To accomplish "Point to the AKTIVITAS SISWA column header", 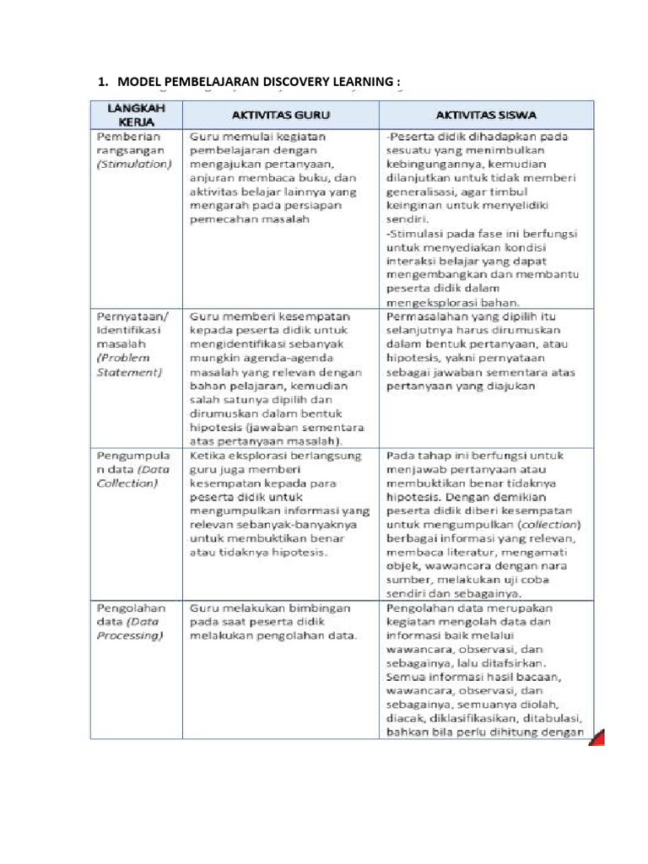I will pos(488,113).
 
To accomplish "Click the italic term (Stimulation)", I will pos(134,164).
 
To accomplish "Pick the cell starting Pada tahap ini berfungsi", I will pos(485,524).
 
